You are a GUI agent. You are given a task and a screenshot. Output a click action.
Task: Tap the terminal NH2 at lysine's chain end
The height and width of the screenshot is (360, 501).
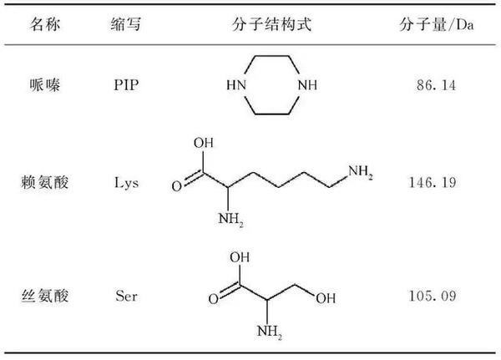point(361,172)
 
